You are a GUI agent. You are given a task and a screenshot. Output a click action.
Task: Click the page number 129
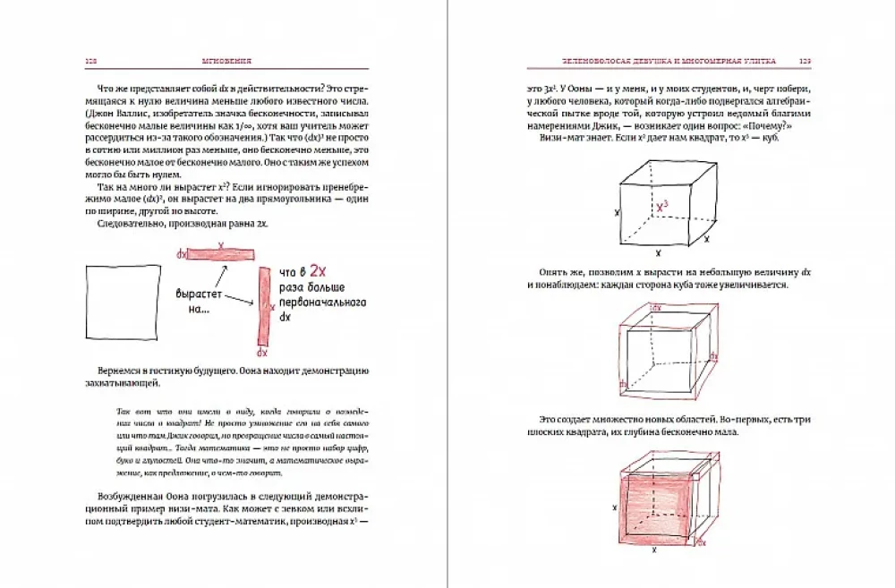tap(804, 61)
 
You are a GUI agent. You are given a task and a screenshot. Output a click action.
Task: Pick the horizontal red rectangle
tap(220, 254)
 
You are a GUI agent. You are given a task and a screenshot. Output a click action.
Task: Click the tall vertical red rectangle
tap(263, 306)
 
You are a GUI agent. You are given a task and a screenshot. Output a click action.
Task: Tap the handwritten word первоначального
tap(325, 303)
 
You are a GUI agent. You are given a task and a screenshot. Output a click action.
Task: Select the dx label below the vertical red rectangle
tap(262, 353)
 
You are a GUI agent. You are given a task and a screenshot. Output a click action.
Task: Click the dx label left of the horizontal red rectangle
tap(182, 255)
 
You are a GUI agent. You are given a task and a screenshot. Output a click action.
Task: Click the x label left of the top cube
tap(617, 214)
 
